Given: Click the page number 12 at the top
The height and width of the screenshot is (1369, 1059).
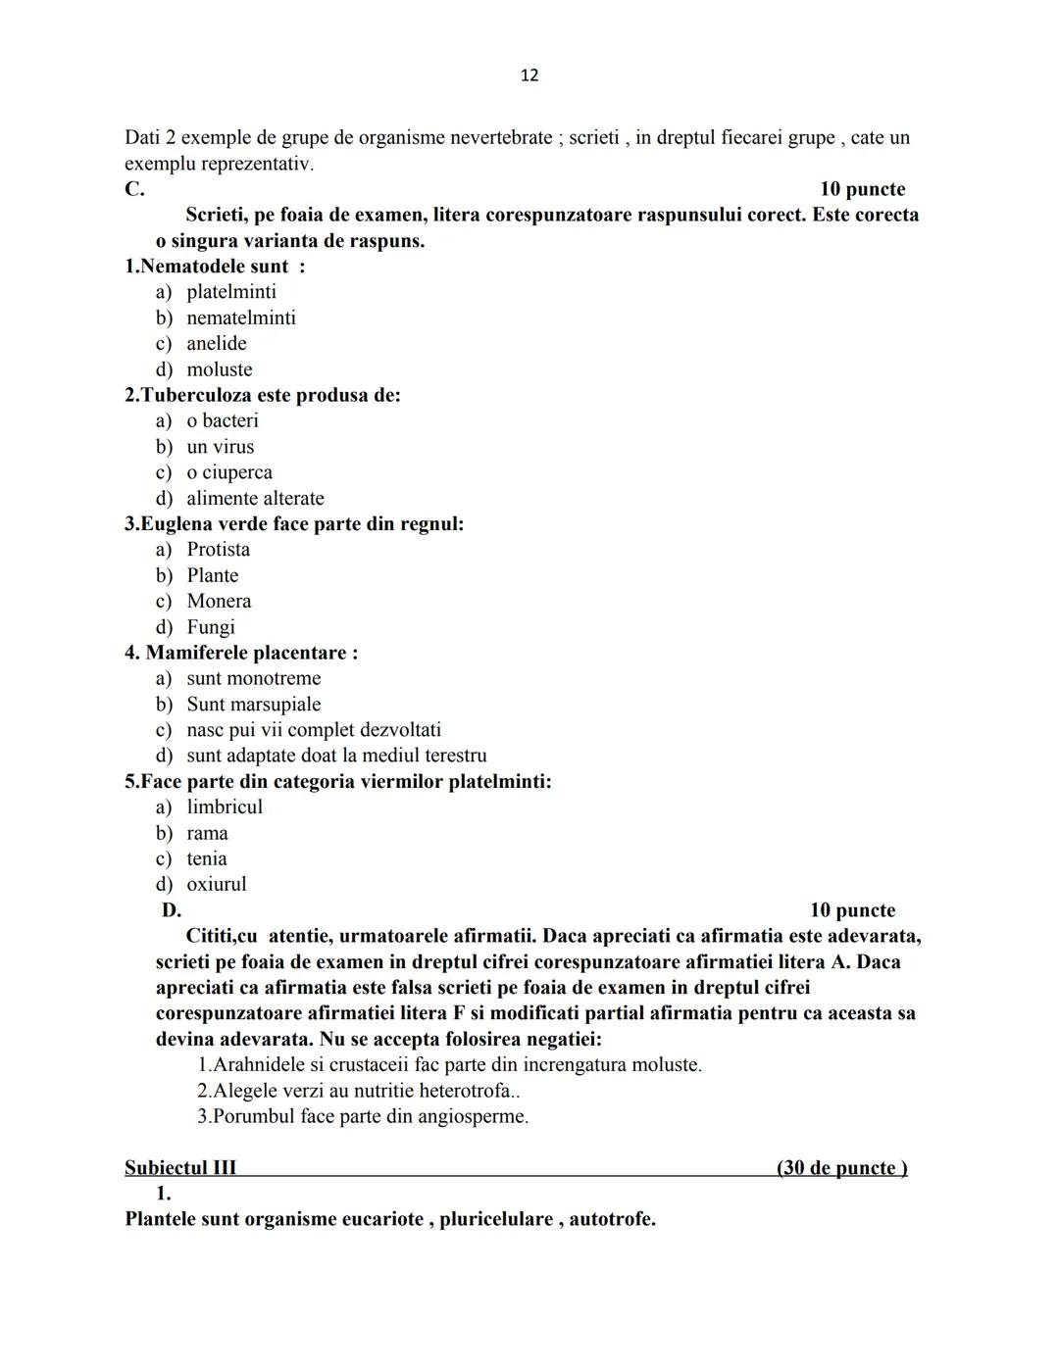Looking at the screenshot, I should coord(529,75).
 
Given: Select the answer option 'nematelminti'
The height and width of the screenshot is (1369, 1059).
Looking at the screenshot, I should coord(240,318).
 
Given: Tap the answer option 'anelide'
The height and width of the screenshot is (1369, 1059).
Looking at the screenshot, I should coord(216,343).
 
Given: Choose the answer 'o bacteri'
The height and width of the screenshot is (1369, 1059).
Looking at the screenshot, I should coord(223,420).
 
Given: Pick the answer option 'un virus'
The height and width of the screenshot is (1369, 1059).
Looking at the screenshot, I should coord(220,447).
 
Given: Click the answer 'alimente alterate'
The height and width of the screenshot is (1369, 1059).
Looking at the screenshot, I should coord(255,498).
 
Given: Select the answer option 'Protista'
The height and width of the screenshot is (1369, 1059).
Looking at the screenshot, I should coord(218,550).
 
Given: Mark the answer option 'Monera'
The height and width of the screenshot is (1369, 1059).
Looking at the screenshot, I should coord(219,601).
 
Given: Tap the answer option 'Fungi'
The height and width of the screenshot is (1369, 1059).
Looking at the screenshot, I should coord(211,627).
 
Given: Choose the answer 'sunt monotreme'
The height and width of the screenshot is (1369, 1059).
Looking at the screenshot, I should coord(253,678).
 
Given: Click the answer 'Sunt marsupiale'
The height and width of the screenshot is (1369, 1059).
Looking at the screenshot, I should coord(253,704).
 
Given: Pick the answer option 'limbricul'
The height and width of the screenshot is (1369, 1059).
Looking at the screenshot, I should coord(225,807).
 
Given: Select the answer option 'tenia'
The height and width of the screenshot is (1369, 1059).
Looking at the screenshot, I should coord(206,858).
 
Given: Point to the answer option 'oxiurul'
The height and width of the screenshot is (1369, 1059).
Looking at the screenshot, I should coord(216,884).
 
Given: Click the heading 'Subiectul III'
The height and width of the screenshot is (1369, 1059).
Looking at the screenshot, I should coord(180,1167).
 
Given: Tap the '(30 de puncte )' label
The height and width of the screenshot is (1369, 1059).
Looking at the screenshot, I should coord(841,1167).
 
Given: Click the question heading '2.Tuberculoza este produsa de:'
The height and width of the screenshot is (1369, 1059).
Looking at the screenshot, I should coord(263,395).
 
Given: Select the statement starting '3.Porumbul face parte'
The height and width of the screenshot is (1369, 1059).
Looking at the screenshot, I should coord(362,1116).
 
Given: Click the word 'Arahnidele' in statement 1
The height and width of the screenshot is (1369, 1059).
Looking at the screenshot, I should coord(262,1064).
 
